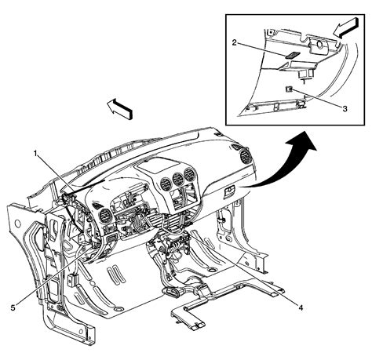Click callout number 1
[x=35, y=154]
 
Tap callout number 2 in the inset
[x=235, y=42]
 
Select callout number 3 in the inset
[x=345, y=109]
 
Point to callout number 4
[x=301, y=308]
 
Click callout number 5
[x=13, y=308]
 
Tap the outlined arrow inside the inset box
[x=345, y=28]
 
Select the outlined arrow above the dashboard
[x=119, y=109]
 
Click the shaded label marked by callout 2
[x=292, y=55]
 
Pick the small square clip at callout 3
[x=289, y=89]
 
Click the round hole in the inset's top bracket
[x=319, y=44]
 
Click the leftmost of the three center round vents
[x=166, y=184]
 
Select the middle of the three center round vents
[x=178, y=179]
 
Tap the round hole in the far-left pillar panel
[x=17, y=224]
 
